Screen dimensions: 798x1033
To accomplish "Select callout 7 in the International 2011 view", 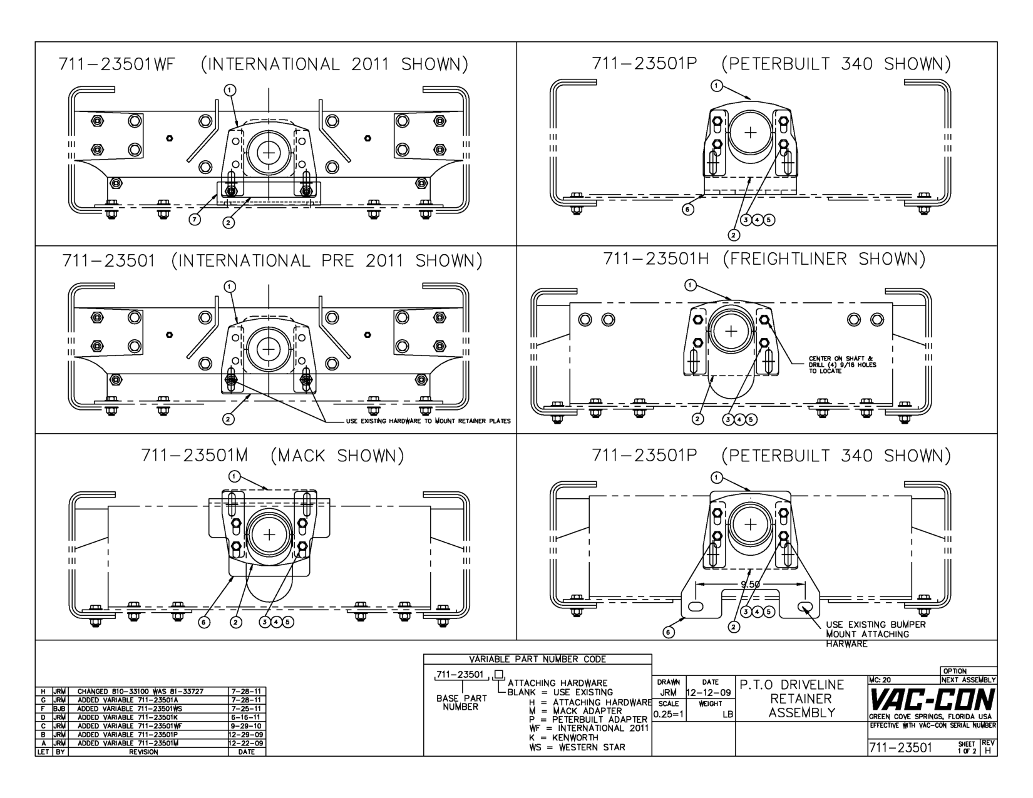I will [195, 219].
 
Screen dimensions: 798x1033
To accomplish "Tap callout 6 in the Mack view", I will [205, 622].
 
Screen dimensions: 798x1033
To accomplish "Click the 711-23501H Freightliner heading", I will [764, 258].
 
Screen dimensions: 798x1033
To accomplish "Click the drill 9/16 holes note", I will [842, 365].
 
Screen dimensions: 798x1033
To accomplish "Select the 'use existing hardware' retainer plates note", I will [428, 421].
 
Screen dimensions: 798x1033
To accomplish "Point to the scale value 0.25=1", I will [669, 714].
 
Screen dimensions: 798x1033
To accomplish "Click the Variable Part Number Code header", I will [537, 659].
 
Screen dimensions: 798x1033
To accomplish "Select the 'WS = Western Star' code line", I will [577, 747].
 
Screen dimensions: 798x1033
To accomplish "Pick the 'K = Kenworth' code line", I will [563, 737].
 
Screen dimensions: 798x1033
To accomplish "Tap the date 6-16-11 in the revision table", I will [246, 717].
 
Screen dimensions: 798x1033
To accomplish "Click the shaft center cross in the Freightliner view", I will [731, 332].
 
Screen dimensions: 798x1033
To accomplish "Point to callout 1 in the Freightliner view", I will [691, 285].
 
